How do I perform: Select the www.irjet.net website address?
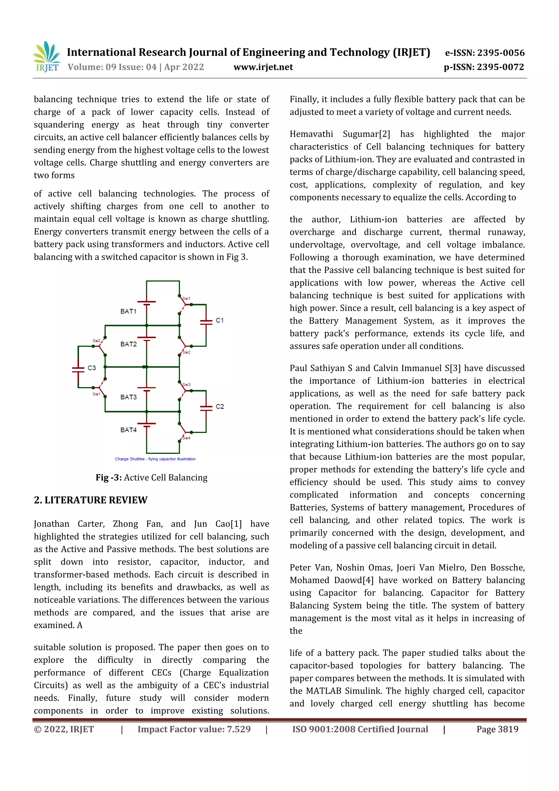263,67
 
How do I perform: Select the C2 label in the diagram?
220,407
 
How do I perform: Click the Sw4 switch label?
186,438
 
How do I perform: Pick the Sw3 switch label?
186,384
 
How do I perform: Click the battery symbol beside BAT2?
147,339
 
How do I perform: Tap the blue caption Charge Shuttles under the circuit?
155,459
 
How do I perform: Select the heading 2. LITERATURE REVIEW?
91,500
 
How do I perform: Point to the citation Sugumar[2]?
366,134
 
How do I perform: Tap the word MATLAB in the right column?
324,691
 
